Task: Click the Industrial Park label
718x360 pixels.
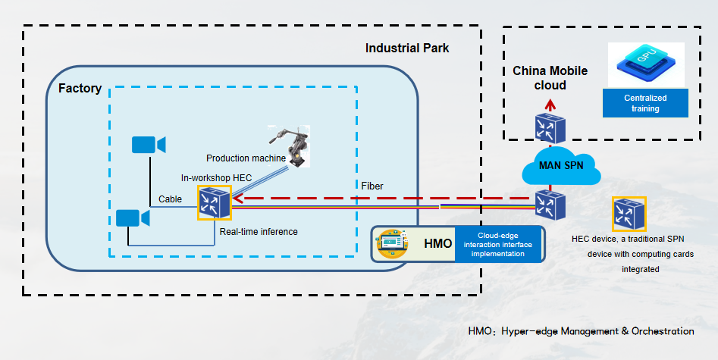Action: pos(407,49)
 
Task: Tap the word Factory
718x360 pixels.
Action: pos(80,89)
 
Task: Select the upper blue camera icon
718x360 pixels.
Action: pos(149,145)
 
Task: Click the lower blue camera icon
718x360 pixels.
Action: pos(133,218)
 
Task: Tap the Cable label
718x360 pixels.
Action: pos(170,199)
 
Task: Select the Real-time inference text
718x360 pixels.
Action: pos(258,231)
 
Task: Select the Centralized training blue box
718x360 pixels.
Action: pos(645,103)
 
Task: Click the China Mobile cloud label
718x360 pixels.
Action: pos(550,78)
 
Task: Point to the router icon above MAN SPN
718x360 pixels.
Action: pos(548,128)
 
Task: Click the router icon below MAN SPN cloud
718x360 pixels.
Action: pos(548,204)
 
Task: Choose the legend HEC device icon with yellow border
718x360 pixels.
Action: pos(629,214)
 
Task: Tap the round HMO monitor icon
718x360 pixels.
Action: pos(391,243)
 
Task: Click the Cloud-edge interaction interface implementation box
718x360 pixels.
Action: pos(499,244)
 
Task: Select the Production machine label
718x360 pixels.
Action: pos(246,158)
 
